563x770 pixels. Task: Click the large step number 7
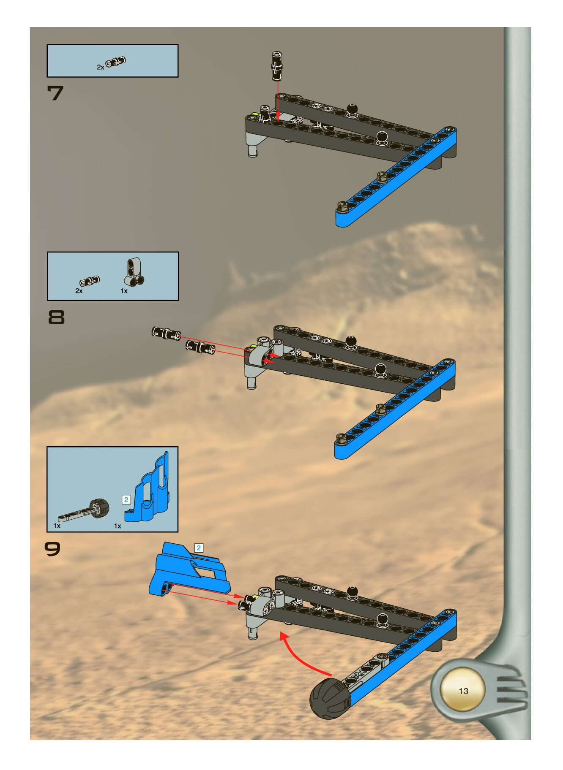[x=55, y=93]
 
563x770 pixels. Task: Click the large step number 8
[x=57, y=317]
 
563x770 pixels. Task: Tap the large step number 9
[x=53, y=549]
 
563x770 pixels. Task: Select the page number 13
[x=463, y=691]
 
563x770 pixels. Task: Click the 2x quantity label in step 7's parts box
[x=100, y=67]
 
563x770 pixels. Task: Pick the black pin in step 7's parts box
[x=116, y=62]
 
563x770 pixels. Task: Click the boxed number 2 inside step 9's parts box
[x=126, y=500]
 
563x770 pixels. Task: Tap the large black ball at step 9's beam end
[x=330, y=699]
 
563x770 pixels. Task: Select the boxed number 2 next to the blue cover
[x=199, y=548]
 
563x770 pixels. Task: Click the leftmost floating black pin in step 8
[x=166, y=333]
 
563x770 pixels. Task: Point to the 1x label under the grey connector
[x=124, y=291]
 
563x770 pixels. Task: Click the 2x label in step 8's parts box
[x=79, y=291]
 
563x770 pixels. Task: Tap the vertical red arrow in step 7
[x=278, y=99]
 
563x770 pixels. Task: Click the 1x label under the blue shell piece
[x=118, y=526]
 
